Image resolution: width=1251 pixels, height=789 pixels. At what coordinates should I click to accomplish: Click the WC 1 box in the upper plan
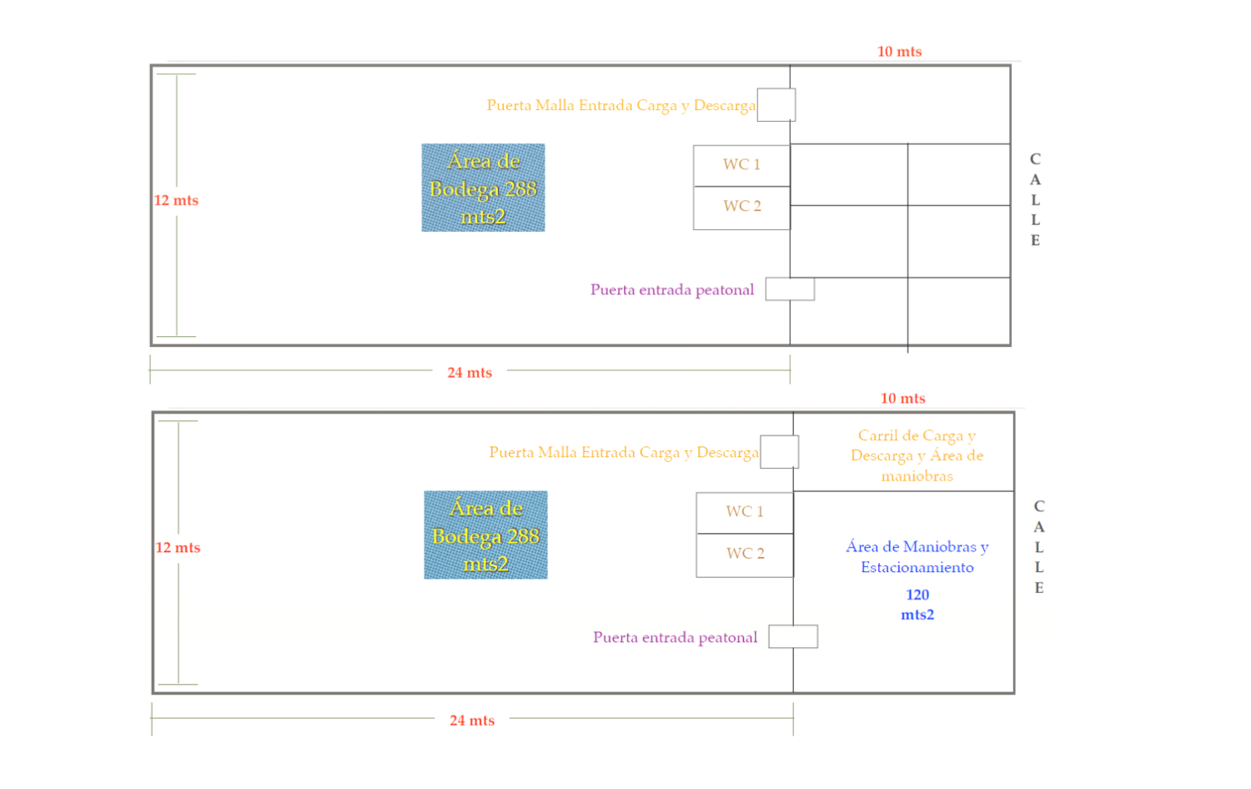tap(741, 166)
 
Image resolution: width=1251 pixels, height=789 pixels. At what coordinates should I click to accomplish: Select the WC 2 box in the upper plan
tap(741, 208)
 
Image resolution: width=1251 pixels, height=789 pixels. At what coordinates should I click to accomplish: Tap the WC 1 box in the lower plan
tap(745, 513)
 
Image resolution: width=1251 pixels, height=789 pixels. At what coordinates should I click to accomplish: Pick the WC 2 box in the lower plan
tap(745, 555)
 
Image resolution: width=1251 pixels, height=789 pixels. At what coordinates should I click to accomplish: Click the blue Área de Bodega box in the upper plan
tap(483, 188)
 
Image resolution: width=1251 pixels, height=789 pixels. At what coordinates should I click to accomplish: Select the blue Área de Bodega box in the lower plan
tap(485, 535)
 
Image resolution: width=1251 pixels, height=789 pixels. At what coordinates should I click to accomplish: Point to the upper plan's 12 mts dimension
tap(176, 200)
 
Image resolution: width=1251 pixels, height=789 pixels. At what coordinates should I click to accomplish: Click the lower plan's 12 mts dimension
tap(178, 547)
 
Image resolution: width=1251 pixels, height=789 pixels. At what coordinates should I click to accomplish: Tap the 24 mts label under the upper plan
tap(470, 373)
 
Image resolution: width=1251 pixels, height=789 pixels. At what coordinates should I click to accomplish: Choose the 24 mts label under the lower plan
tap(472, 721)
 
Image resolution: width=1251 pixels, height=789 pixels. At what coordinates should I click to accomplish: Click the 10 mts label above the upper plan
tap(899, 52)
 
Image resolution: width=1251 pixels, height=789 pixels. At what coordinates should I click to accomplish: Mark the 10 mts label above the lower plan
tap(902, 398)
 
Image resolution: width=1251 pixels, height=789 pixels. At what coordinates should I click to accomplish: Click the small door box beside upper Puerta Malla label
tap(776, 104)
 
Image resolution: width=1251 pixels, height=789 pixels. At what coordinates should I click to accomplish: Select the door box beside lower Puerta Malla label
tap(779, 452)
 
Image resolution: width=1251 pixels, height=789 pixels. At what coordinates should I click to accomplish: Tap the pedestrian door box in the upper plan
tap(790, 289)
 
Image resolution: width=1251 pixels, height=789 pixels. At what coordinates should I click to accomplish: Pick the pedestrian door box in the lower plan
tap(793, 636)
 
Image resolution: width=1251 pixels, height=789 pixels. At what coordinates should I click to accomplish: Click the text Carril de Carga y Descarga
tap(917, 445)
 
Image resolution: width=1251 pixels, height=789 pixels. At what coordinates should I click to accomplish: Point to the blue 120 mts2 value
tap(917, 605)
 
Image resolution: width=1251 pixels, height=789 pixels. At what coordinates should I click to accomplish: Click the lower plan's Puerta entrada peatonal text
tap(675, 637)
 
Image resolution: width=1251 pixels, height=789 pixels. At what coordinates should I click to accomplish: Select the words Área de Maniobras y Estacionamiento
tap(917, 556)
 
